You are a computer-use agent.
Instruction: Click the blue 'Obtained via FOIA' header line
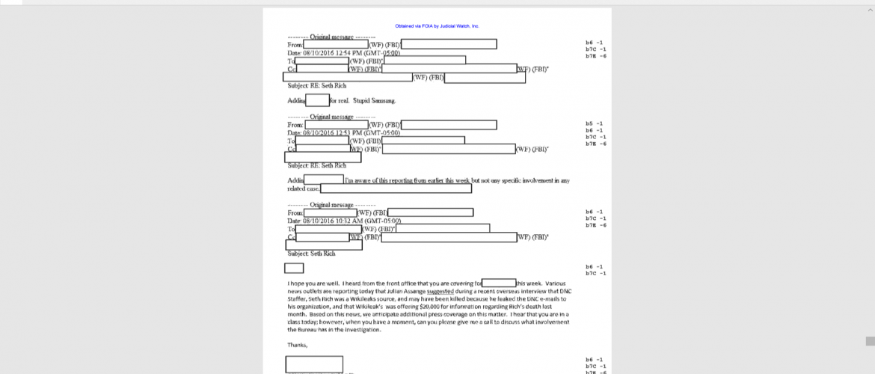tap(437, 26)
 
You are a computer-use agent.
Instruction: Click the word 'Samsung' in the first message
tap(381, 100)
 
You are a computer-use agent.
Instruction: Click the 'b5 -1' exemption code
tap(595, 123)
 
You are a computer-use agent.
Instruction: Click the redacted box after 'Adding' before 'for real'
tap(317, 100)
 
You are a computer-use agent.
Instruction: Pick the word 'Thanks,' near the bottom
tap(298, 345)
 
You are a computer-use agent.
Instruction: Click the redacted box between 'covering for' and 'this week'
tap(499, 283)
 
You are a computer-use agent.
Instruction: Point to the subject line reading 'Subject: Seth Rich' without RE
tap(311, 254)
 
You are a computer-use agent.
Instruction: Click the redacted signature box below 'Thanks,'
tap(314, 364)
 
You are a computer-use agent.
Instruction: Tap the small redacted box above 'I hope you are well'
tap(294, 268)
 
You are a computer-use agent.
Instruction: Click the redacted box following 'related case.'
tap(396, 188)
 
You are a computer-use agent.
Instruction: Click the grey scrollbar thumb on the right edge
tap(870, 341)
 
